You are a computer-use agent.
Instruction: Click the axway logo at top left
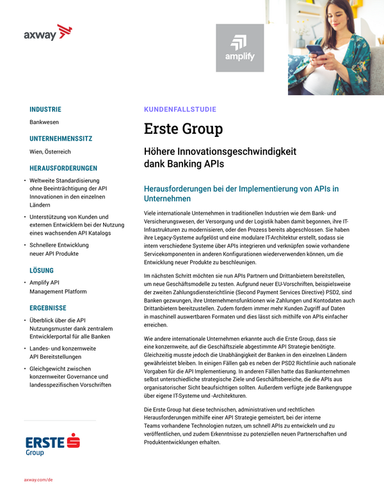tap(48, 33)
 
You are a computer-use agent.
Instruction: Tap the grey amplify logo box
tap(240, 48)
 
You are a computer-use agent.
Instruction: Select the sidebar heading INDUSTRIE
tap(45, 109)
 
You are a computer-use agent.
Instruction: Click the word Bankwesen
tap(44, 122)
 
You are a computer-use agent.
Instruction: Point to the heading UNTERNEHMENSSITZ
tap(61, 139)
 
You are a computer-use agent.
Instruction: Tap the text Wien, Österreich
tap(50, 152)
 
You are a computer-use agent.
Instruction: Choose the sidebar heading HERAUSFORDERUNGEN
tap(63, 168)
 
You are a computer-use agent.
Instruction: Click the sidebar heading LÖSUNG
tap(42, 271)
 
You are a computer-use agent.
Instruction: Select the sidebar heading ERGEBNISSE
tap(48, 306)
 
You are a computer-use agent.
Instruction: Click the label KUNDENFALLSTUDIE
tap(180, 109)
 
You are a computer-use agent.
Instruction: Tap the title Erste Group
tap(183, 129)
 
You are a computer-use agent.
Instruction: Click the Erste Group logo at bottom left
tap(52, 444)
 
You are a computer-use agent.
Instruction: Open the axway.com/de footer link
tap(38, 479)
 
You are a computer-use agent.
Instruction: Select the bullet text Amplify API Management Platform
tap(58, 286)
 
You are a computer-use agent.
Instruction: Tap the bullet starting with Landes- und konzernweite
tap(63, 352)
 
